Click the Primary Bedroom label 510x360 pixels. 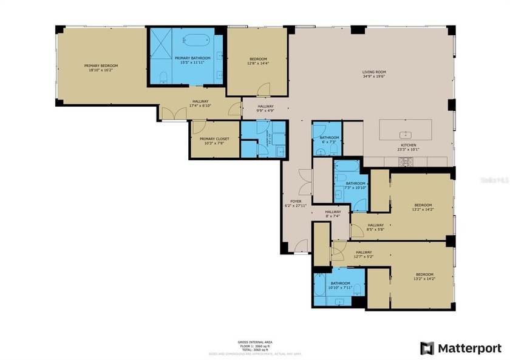101,66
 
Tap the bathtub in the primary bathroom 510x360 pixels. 195,41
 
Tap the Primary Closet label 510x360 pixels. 212,138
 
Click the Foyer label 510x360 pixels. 296,201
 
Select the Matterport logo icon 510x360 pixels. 427,348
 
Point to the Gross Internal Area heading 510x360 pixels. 255,342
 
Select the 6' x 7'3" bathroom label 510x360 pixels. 330,138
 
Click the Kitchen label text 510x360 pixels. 407,145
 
